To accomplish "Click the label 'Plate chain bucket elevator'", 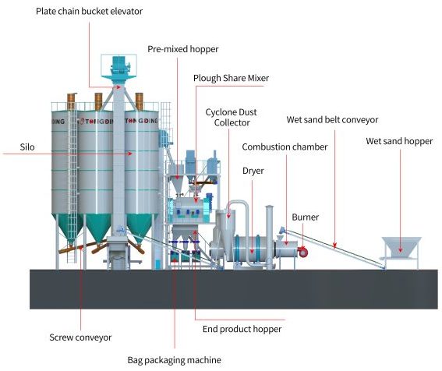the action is [89, 11].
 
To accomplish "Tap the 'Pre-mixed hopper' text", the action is [183, 49].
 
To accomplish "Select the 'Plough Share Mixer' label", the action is [231, 78].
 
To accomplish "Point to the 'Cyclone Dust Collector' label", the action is [232, 117].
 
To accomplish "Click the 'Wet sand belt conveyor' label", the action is [332, 119].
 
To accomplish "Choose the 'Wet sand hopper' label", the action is [399, 141].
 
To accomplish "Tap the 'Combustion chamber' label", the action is [285, 147].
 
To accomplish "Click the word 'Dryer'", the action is [253, 171].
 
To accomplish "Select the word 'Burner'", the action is [306, 217].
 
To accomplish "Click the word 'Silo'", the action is [27, 147].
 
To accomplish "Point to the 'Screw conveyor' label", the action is [80, 337].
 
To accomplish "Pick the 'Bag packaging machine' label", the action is [174, 360].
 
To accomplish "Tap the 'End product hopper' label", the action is [242, 329].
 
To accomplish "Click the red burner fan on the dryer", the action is [302, 252].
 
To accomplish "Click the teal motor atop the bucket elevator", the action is [119, 65].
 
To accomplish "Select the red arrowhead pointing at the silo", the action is [130, 154].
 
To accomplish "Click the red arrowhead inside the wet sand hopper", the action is [400, 249].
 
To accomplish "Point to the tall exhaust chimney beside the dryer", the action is [269, 237].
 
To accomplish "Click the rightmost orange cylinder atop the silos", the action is [140, 101].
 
